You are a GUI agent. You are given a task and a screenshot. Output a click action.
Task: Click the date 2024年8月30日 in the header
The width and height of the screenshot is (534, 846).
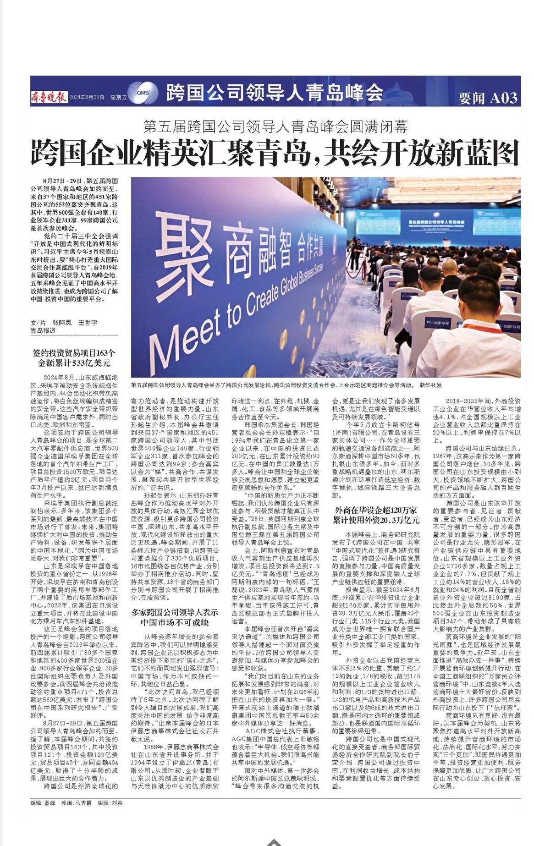pos(87,98)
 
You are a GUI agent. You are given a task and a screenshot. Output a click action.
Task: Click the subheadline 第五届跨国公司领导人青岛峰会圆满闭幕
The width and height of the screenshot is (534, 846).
pos(275,126)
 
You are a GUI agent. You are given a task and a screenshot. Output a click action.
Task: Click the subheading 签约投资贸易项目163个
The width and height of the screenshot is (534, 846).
pos(74,353)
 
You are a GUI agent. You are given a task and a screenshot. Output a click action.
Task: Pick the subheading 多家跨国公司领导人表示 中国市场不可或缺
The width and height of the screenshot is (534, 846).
pos(175,617)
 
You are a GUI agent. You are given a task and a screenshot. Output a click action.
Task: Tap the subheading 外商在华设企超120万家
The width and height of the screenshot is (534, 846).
pos(376,510)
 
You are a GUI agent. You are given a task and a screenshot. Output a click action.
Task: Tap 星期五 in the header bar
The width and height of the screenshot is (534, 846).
pos(118,98)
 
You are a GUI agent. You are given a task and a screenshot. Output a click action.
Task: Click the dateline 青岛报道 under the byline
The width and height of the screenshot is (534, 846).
pos(44,330)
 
